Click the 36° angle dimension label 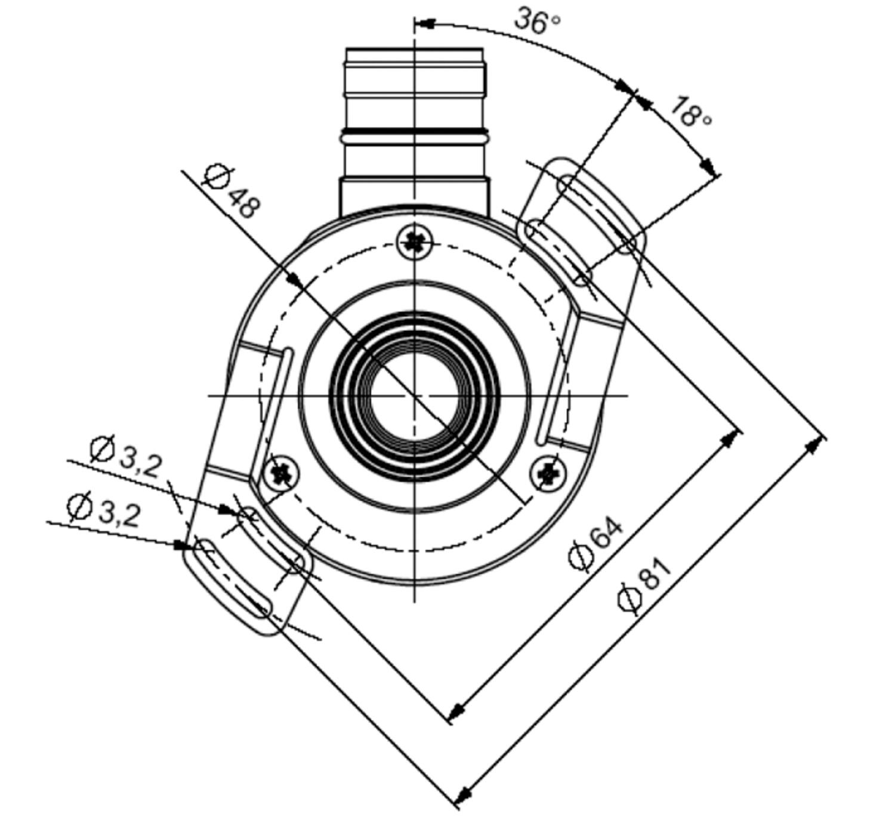pyautogui.click(x=537, y=21)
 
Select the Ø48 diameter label pyautogui.click(x=231, y=191)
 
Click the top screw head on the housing pyautogui.click(x=415, y=242)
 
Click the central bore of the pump pyautogui.click(x=415, y=396)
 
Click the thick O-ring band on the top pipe pyautogui.click(x=415, y=132)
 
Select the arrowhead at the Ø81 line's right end pyautogui.click(x=815, y=445)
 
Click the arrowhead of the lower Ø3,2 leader pyautogui.click(x=183, y=544)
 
